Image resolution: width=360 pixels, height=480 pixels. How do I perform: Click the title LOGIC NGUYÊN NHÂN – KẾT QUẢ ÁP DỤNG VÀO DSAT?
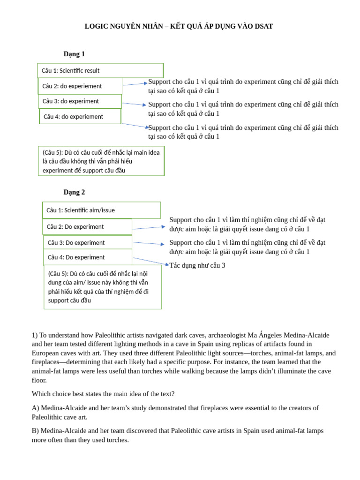click(x=179, y=26)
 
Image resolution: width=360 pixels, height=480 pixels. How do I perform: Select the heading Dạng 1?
click(x=74, y=54)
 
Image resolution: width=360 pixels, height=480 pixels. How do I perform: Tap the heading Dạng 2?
click(x=74, y=192)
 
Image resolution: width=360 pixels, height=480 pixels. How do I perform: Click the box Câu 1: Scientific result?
click(x=100, y=71)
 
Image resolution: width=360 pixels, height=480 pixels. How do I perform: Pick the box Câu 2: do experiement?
click(x=80, y=86)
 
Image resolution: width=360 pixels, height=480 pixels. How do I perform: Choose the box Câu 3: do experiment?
click(x=80, y=101)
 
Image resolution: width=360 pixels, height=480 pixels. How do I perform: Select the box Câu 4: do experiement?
click(x=80, y=117)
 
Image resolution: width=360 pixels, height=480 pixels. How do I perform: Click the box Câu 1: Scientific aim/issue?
click(x=101, y=210)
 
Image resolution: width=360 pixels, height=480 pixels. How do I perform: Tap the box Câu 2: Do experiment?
click(x=87, y=227)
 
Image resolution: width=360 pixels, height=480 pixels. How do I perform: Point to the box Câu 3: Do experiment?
click(x=88, y=243)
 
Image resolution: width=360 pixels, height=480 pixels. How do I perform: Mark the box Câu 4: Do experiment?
click(x=88, y=257)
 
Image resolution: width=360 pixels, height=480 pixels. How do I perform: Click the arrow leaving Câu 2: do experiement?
click(x=135, y=84)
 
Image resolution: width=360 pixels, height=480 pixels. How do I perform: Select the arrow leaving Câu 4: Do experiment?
click(x=150, y=261)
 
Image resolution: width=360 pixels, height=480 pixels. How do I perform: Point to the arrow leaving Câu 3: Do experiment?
click(x=148, y=243)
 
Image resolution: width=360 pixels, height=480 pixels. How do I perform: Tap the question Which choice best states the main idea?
click(x=103, y=394)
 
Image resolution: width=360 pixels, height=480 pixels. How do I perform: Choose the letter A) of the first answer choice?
click(x=35, y=408)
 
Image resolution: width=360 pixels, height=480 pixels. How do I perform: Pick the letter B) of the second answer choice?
click(x=35, y=431)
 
